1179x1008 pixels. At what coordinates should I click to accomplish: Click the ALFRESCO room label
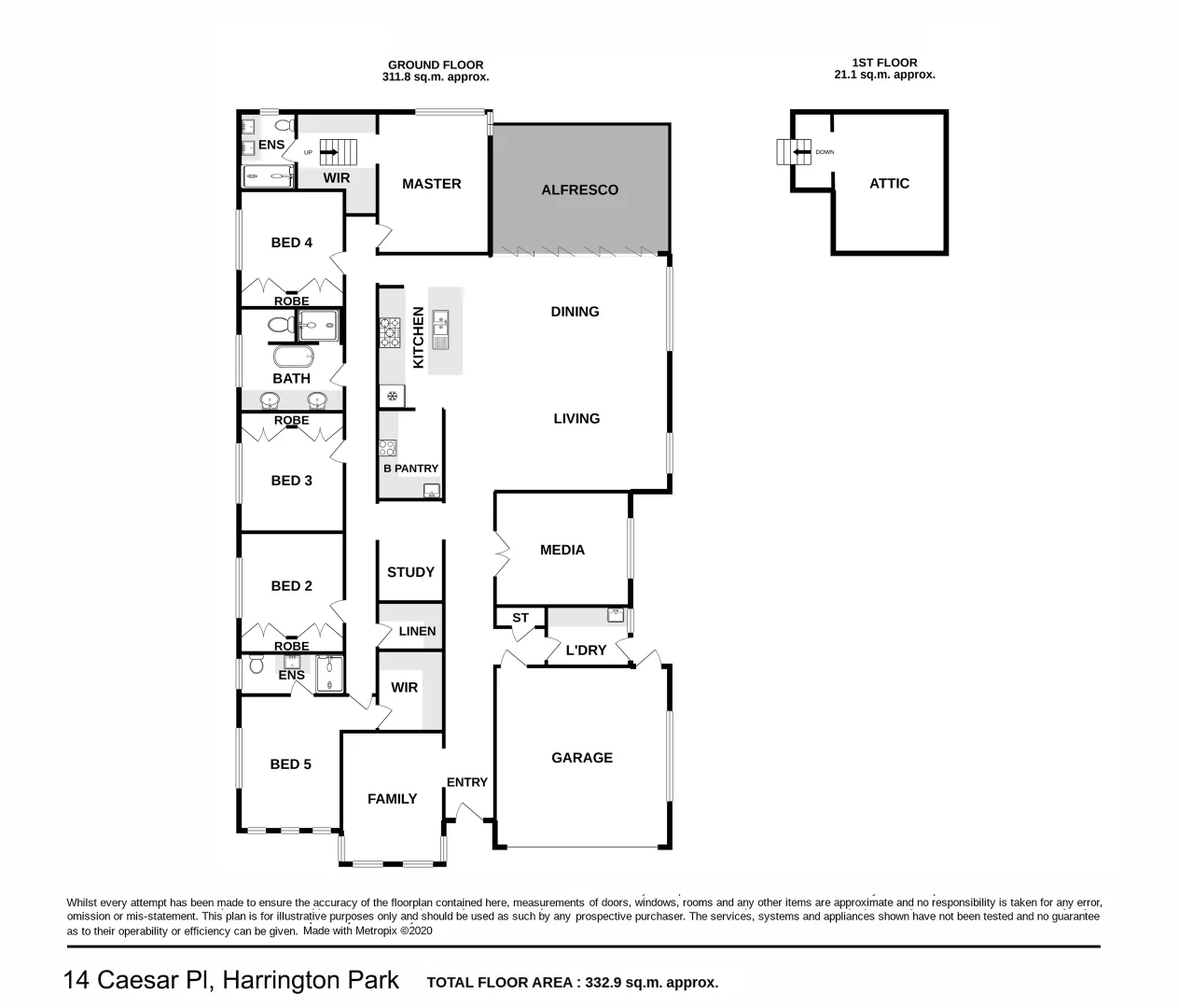(x=579, y=189)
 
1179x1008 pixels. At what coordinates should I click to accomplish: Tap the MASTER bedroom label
(x=431, y=184)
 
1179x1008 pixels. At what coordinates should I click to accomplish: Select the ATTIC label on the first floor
(x=889, y=183)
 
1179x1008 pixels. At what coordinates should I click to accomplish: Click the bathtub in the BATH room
(x=292, y=357)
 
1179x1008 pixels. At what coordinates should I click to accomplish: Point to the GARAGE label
(x=582, y=758)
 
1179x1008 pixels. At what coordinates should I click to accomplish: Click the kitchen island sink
(x=441, y=329)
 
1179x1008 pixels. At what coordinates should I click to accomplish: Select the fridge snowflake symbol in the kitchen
(x=393, y=397)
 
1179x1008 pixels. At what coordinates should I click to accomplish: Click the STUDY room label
(x=410, y=572)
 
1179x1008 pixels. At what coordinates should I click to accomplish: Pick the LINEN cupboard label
(x=417, y=631)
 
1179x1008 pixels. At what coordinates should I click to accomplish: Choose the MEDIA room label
(x=562, y=550)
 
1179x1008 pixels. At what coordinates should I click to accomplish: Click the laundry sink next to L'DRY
(x=616, y=614)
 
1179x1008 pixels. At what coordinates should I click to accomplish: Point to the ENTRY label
(x=466, y=782)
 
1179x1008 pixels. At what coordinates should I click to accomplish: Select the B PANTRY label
(x=410, y=469)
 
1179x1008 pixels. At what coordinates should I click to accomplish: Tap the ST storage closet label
(x=520, y=618)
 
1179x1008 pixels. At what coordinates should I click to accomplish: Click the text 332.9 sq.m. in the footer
(x=635, y=983)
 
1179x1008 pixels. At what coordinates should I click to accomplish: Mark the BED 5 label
(x=290, y=763)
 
